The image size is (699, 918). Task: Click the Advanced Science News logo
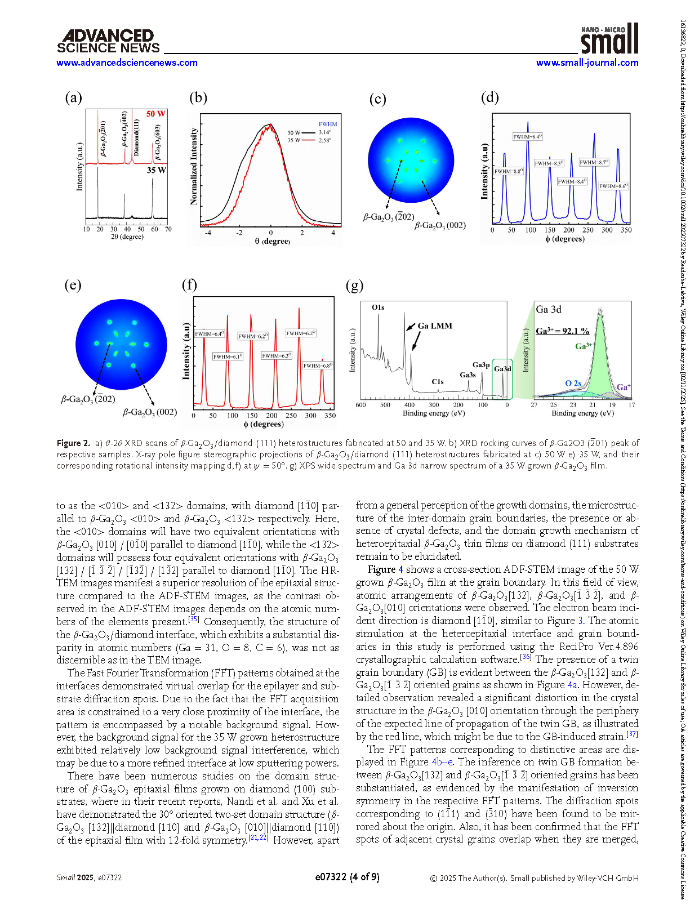click(x=108, y=42)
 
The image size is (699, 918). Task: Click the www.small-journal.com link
click(x=587, y=63)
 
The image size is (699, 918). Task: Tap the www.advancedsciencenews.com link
click(x=127, y=63)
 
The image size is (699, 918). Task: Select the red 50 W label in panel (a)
click(x=155, y=114)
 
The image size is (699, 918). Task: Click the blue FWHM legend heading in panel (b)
click(x=328, y=124)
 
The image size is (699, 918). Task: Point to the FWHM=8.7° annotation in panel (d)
click(x=594, y=162)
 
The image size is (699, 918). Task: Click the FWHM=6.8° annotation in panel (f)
click(x=318, y=366)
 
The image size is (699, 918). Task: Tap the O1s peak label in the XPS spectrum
click(x=378, y=308)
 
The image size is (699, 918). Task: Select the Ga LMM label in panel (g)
click(x=435, y=326)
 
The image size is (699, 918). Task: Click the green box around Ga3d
click(x=502, y=378)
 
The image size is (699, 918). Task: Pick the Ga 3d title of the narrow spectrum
click(x=549, y=310)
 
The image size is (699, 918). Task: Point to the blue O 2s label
click(x=573, y=383)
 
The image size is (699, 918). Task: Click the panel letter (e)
click(x=73, y=285)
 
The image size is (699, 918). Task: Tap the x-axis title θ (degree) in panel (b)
click(x=272, y=241)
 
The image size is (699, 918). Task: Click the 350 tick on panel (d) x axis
click(x=626, y=230)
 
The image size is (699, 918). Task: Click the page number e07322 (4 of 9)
click(x=347, y=877)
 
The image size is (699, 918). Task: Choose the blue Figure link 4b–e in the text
click(x=442, y=762)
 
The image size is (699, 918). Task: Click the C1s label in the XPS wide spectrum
click(x=438, y=382)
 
